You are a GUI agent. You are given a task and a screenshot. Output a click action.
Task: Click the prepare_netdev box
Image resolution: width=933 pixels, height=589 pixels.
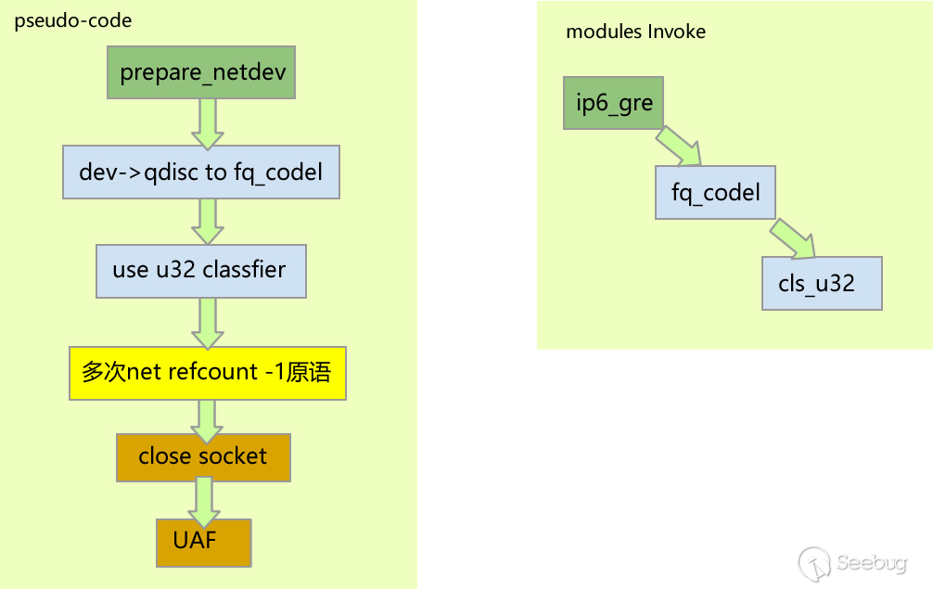pyautogui.click(x=201, y=73)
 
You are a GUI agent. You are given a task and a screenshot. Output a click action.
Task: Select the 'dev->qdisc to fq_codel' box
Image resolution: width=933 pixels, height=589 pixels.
pyautogui.click(x=201, y=172)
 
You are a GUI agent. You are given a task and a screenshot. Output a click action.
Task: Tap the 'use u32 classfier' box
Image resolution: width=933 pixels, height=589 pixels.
pyautogui.click(x=201, y=270)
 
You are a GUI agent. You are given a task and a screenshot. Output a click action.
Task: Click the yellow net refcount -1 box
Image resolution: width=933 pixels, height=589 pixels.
pyautogui.click(x=208, y=373)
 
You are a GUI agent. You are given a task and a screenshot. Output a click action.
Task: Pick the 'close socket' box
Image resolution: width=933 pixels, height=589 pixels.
pyautogui.click(x=203, y=456)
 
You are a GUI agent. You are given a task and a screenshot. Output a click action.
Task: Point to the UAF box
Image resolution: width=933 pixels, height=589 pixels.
pyautogui.click(x=203, y=542)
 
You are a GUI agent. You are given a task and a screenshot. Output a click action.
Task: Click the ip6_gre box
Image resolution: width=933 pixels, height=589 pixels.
pyautogui.click(x=614, y=102)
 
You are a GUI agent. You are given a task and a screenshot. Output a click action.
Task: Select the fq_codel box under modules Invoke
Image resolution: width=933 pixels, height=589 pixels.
pyautogui.click(x=715, y=192)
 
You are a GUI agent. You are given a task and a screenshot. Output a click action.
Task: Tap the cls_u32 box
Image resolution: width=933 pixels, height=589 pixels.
pyautogui.click(x=822, y=283)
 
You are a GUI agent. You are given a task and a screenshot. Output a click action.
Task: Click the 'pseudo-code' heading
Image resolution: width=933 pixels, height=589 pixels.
pyautogui.click(x=73, y=20)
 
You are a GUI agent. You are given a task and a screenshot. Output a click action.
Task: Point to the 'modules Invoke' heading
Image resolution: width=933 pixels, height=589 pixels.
pyautogui.click(x=635, y=32)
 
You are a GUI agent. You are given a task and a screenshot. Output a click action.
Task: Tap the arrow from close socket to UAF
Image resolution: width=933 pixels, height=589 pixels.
pyautogui.click(x=203, y=500)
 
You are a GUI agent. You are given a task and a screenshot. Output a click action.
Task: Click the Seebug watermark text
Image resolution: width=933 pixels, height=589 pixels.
pyautogui.click(x=871, y=562)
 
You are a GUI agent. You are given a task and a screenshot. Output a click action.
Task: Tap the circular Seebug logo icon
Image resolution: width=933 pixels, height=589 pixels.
pyautogui.click(x=814, y=562)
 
